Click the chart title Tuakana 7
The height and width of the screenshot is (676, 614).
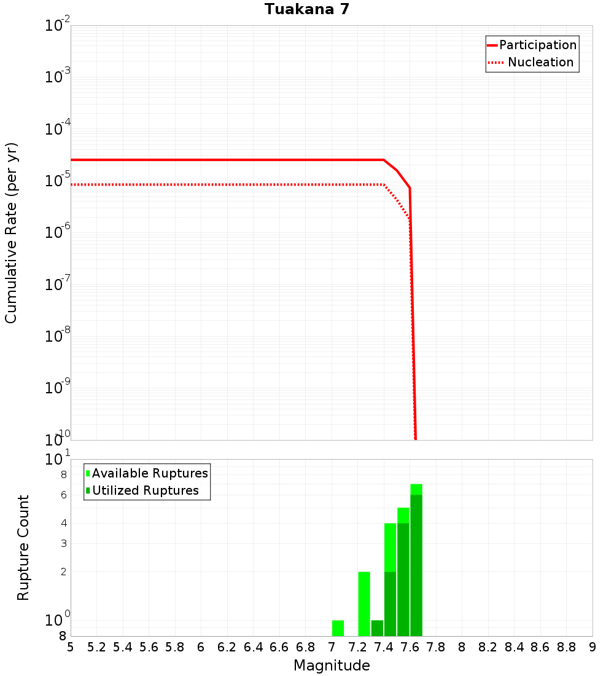pos(307,10)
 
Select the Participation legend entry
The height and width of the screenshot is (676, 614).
pos(538,45)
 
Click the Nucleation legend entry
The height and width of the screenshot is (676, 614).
pos(540,62)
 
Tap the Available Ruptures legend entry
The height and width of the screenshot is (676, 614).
pos(150,473)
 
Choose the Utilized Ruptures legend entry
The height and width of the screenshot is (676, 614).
pos(145,490)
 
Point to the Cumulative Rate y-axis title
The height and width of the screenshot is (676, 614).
pos(11,232)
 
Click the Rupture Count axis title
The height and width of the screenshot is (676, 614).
pos(23,548)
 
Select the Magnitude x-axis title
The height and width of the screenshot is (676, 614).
pos(332,666)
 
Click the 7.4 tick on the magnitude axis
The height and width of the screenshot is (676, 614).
pos(384,647)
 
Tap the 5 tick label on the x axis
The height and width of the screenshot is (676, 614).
pos(71,647)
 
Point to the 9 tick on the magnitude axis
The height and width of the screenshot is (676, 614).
pos(593,647)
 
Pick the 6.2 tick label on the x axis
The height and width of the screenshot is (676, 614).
pos(227,647)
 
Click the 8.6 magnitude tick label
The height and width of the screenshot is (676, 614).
pos(540,647)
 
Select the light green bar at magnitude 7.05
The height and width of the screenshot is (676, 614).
pos(338,628)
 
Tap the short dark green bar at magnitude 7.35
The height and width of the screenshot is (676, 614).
pos(377,628)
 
